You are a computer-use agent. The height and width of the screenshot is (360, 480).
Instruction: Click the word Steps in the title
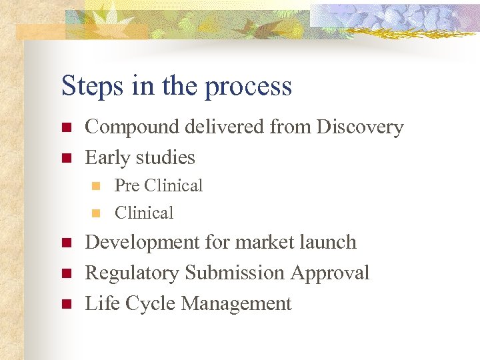tap(88, 87)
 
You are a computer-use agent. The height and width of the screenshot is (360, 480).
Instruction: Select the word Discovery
tap(360, 127)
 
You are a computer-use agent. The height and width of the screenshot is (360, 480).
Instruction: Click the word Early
tap(108, 158)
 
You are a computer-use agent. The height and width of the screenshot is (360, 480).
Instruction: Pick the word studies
tap(165, 157)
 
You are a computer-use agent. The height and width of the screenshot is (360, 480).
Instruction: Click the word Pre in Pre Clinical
tap(127, 185)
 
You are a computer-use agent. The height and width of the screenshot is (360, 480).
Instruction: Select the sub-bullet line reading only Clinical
tap(144, 213)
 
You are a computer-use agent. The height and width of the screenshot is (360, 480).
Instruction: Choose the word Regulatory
tap(133, 273)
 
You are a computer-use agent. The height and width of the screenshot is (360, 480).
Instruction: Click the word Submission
tap(235, 273)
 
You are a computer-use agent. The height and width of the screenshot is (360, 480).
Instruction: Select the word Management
tap(237, 304)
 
